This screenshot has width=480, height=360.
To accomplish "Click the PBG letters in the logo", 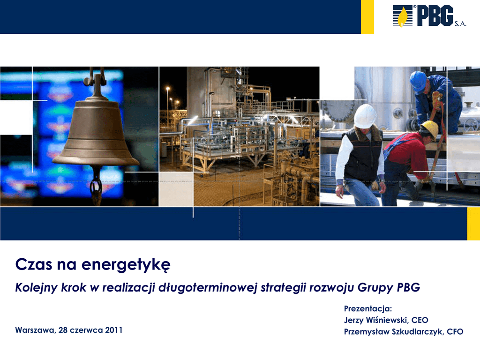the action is [435, 15].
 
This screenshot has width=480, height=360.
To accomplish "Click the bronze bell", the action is [96, 132].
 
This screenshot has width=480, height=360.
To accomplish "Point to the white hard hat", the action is [365, 116].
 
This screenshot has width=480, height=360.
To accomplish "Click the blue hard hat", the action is [418, 81].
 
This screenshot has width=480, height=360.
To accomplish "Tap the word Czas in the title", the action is [34, 264].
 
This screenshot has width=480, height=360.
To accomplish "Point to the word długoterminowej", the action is [208, 288].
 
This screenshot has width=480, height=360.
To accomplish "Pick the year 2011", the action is [113, 330].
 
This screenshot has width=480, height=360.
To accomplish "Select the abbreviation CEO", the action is [420, 320].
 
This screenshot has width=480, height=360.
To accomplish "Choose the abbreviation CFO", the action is [455, 331].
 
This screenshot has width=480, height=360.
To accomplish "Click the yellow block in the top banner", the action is [367, 17].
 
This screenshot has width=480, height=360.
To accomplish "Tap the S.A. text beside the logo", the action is [460, 24].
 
